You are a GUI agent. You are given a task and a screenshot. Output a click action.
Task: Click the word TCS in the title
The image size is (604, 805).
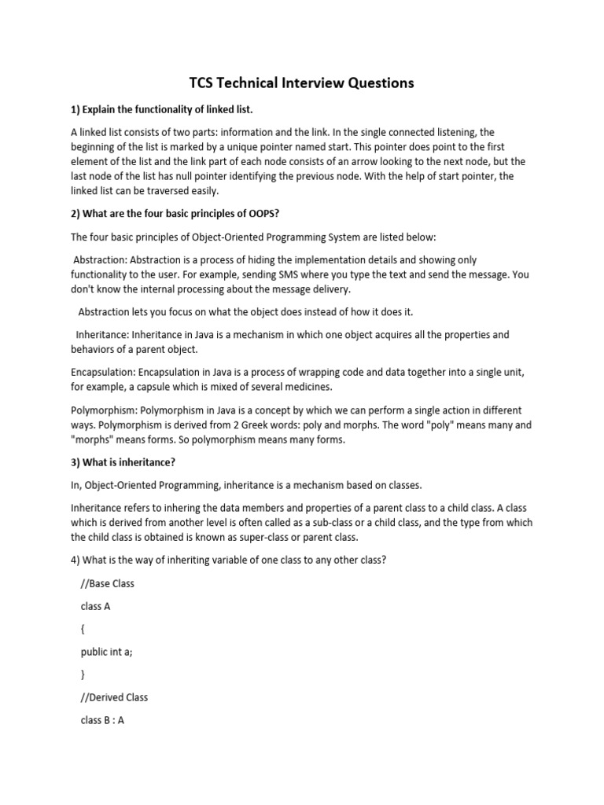[x=204, y=83]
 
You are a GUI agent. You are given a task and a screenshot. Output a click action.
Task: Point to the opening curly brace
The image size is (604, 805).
[x=83, y=630]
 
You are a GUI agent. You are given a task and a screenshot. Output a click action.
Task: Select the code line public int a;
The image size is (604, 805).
[x=109, y=652]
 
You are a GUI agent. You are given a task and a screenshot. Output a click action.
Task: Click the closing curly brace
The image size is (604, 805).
[x=83, y=675]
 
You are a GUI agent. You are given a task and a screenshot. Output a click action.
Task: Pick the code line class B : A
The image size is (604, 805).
[x=102, y=719]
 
